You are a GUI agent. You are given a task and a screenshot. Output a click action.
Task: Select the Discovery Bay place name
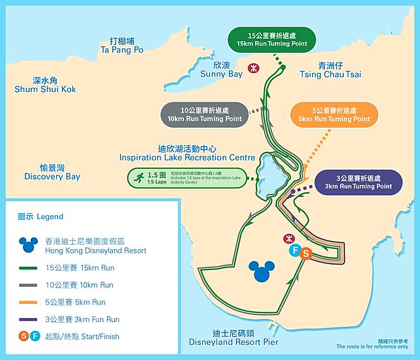coord(52,172)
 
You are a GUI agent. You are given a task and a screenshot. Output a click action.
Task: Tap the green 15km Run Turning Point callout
coord(271,39)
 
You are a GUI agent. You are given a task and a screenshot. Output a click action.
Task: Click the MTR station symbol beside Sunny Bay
coord(254,68)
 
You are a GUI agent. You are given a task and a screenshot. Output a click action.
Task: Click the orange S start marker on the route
coord(305,254)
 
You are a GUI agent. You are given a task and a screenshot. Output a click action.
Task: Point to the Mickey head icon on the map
coord(262,271)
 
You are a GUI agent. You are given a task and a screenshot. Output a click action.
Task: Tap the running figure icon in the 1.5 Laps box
coord(138,177)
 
